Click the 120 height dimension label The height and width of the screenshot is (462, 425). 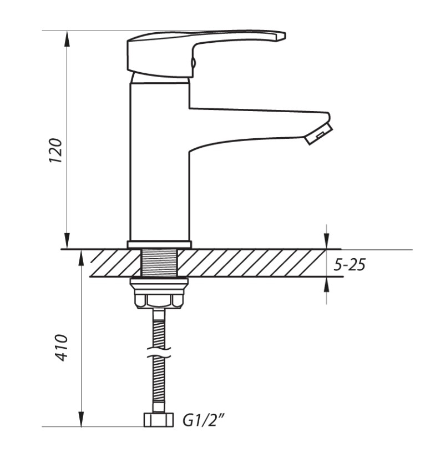pyautogui.click(x=56, y=150)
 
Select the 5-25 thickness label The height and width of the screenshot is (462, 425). pyautogui.click(x=350, y=264)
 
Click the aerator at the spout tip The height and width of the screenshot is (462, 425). pyautogui.click(x=318, y=134)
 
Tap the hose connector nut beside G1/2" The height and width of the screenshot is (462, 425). pyautogui.click(x=158, y=420)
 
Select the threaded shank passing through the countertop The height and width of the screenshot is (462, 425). pyautogui.click(x=160, y=263)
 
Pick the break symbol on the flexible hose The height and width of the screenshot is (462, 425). pyautogui.click(x=159, y=353)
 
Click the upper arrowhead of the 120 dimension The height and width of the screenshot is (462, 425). pyautogui.click(x=67, y=39)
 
